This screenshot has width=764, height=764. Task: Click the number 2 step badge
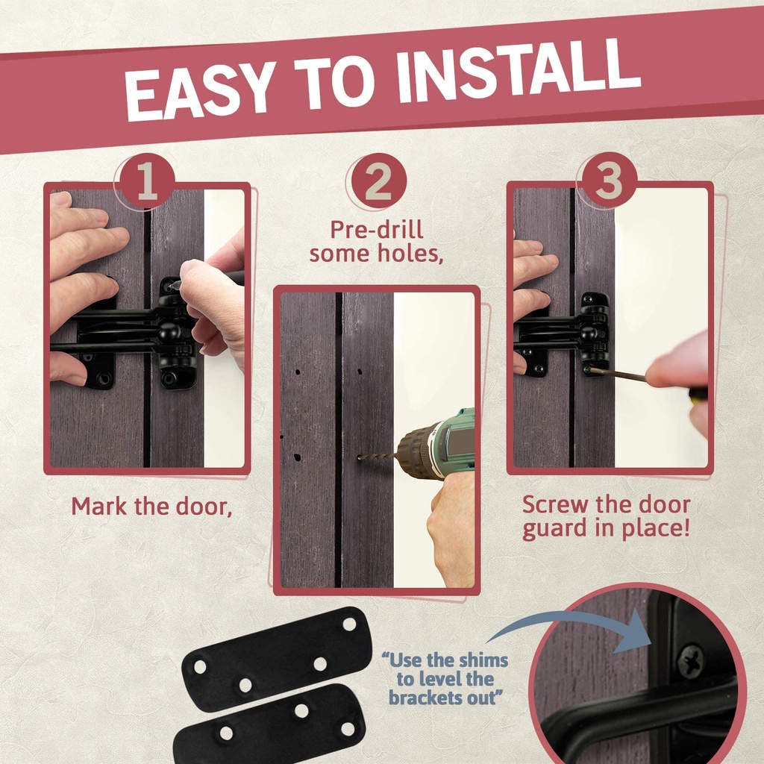tap(378, 181)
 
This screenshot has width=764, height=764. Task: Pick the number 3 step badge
tap(609, 181)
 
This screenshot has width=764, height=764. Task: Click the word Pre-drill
tap(377, 229)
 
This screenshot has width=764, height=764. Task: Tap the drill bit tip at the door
tap(359, 458)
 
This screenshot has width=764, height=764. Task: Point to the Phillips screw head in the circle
tap(690, 661)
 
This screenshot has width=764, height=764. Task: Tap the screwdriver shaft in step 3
tap(619, 375)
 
